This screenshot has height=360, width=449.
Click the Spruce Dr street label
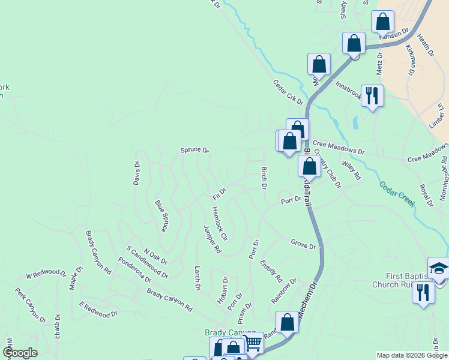tap(194, 150)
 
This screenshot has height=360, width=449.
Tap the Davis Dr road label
tap(137, 172)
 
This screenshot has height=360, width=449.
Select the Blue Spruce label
tap(161, 217)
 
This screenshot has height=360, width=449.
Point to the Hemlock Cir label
tap(220, 224)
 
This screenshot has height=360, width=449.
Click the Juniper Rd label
tap(212, 240)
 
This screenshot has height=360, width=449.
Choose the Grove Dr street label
tap(303, 245)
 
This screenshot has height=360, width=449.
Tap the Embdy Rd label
tap(271, 271)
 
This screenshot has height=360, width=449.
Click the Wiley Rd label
tap(351, 169)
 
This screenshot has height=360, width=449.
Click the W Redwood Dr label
tap(46, 275)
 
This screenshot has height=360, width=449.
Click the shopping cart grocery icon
tap(253, 343)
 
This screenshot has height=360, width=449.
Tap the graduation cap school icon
tap(438, 268)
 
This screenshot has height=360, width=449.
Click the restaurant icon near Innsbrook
tap(372, 95)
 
